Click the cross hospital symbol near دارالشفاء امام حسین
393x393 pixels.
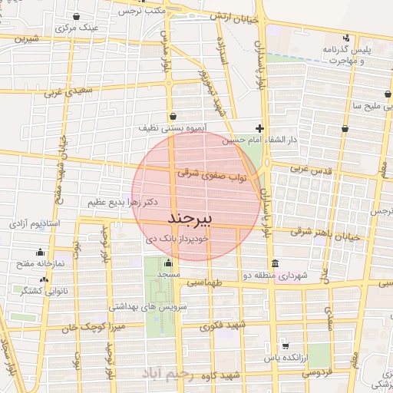[x=261, y=127]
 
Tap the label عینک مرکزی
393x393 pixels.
[x=76, y=27]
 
